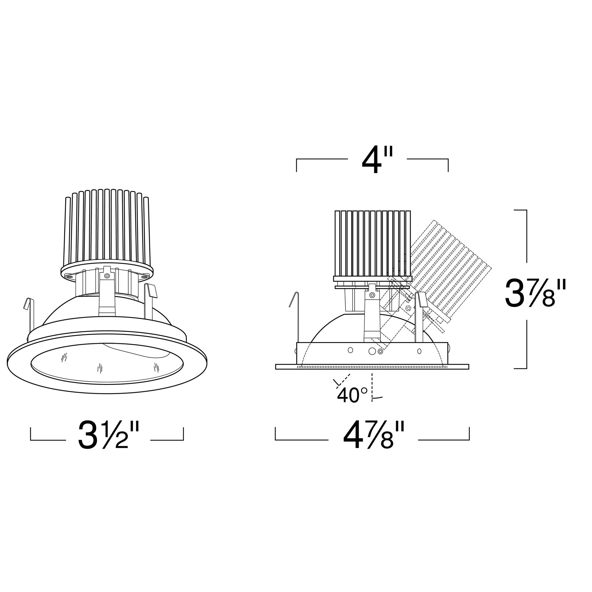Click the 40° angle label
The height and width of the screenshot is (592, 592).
pos(352,395)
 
